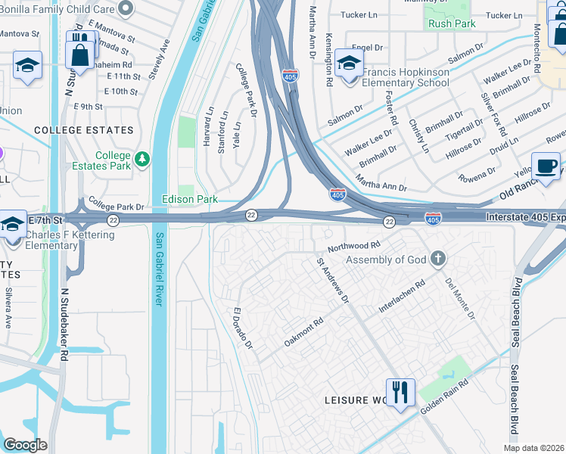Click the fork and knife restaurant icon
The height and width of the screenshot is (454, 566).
(x=401, y=392)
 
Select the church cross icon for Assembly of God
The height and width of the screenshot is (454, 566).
(x=437, y=260)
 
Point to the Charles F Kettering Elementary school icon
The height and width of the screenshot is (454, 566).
(x=13, y=223)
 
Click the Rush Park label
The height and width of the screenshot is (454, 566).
(x=450, y=24)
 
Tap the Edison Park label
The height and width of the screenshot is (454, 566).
(x=190, y=200)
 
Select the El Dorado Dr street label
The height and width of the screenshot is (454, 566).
(x=242, y=328)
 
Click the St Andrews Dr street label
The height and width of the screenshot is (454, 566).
(x=332, y=281)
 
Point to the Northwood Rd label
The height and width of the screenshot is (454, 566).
(x=353, y=247)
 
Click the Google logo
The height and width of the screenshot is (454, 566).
(x=25, y=444)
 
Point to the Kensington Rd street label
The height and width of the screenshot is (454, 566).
(x=329, y=59)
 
